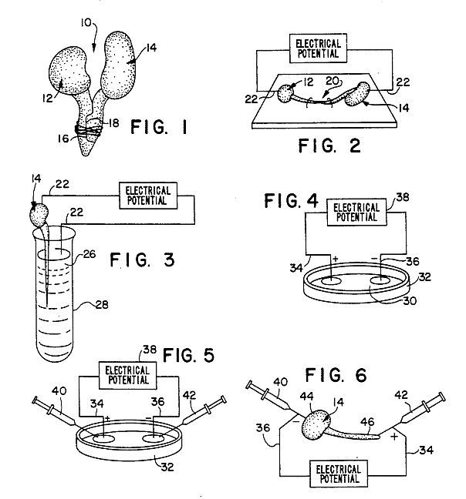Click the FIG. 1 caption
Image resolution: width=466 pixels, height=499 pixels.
[x=159, y=127]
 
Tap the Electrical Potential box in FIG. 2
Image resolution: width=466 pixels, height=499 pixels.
[x=318, y=48]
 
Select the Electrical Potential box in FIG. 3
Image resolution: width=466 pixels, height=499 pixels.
[x=148, y=196]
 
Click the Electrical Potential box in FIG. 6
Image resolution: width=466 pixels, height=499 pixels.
[x=339, y=474]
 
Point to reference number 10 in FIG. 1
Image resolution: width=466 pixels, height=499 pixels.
[x=86, y=22]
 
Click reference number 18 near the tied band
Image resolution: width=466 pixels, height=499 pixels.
[x=113, y=123]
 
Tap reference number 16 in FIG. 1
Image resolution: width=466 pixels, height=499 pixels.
[x=63, y=139]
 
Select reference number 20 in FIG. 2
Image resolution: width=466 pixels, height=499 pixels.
[x=332, y=81]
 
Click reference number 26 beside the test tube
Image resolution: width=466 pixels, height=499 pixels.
[x=89, y=254]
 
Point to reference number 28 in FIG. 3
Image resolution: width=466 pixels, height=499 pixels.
[x=102, y=304]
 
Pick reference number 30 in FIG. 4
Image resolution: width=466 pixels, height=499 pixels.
[x=410, y=301]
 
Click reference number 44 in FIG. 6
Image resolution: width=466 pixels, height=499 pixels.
[x=306, y=397]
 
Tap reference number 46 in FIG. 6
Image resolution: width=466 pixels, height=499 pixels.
[x=367, y=422]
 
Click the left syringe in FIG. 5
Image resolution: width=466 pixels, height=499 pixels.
[x=55, y=411]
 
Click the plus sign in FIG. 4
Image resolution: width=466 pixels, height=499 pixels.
[x=335, y=259]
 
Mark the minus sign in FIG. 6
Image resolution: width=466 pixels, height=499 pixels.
[x=295, y=421]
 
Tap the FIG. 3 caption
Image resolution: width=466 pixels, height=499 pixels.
[x=142, y=260]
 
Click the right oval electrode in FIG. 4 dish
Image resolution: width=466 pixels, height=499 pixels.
[x=380, y=280]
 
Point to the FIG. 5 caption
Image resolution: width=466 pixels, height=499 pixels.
[x=188, y=355]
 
